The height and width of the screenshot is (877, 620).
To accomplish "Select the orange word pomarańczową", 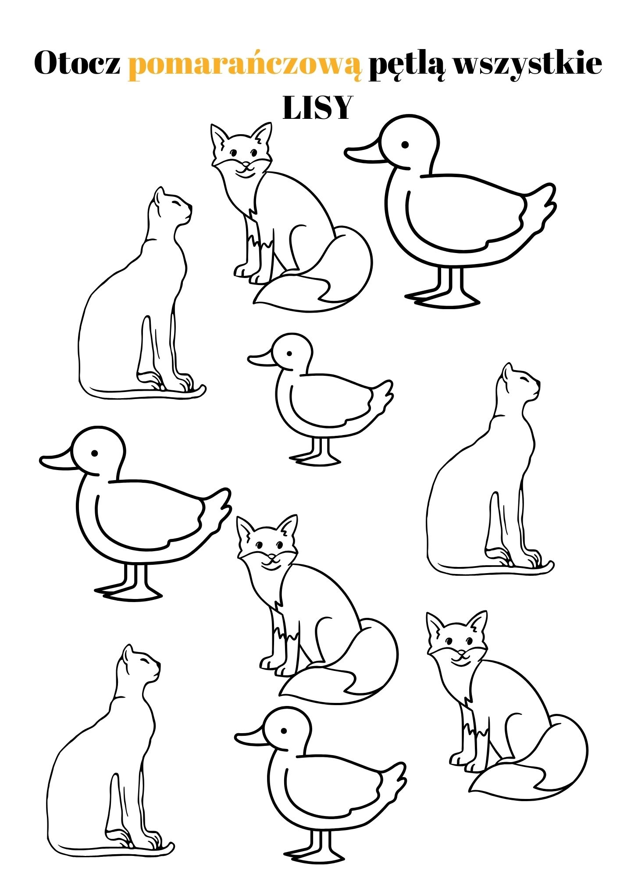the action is tap(246, 66).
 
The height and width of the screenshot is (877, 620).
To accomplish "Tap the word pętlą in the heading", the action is tap(407, 65).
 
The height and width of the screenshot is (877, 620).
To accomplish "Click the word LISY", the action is tap(317, 107).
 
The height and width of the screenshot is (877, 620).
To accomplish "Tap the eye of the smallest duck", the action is tap(289, 354).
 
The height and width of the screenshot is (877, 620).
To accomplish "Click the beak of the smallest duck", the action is tap(262, 358).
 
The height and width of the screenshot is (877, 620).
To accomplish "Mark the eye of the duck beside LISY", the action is tap(405, 144).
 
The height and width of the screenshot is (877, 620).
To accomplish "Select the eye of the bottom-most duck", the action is tap(284, 731).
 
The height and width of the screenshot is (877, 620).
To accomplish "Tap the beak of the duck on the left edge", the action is tap(57, 460).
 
